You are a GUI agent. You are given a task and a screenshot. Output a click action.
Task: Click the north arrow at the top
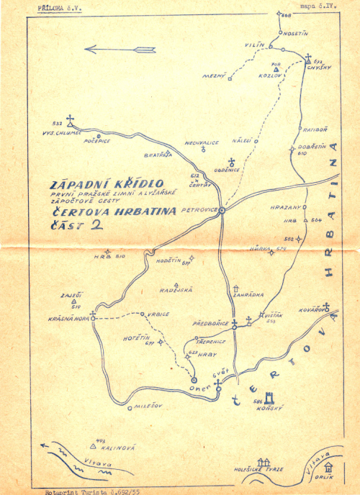coord(120,50)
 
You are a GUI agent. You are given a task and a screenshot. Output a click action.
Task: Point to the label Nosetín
coord(296,32)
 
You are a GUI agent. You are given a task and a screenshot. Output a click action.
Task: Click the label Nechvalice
coord(201,143)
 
